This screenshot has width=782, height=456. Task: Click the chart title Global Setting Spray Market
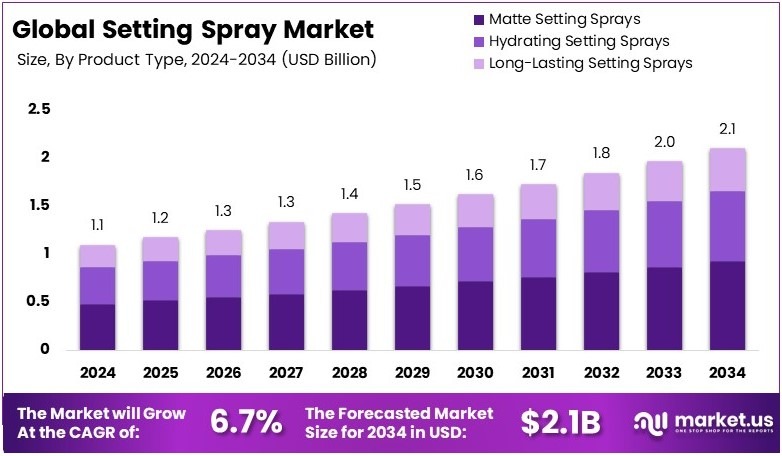[x=196, y=29]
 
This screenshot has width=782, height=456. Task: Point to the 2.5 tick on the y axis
[x=39, y=109]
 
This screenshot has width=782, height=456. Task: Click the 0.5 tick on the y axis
[x=39, y=301]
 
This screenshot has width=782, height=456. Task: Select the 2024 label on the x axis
[x=99, y=373]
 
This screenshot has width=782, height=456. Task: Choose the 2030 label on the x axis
[x=476, y=373]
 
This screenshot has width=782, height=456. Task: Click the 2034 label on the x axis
[x=728, y=373]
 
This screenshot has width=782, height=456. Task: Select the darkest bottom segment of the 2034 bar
[x=728, y=305]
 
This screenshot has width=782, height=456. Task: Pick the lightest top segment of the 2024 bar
[x=99, y=256]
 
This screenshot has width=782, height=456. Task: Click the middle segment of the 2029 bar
[x=413, y=261]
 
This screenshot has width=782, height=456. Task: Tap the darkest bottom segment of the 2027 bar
[x=287, y=322]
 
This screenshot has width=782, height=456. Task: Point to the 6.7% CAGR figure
[x=246, y=421]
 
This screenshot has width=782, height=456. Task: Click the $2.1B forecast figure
[x=560, y=421]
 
